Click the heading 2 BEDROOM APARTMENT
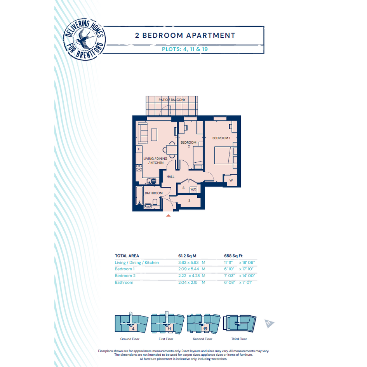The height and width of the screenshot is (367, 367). (x=185, y=35)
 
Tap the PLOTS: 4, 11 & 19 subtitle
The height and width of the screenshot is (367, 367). (x=185, y=49)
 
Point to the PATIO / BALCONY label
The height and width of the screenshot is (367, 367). (x=172, y=100)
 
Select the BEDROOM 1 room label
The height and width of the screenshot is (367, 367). (x=221, y=138)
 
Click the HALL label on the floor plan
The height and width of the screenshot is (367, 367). (x=170, y=176)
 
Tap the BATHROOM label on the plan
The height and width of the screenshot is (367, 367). (x=153, y=193)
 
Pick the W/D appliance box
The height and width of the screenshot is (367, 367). (x=193, y=190)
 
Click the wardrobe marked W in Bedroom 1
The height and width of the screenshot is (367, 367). (x=231, y=180)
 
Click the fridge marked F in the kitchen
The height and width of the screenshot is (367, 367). (x=139, y=150)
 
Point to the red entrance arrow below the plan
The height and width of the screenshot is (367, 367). (x=168, y=216)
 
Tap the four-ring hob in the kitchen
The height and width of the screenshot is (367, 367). (x=139, y=168)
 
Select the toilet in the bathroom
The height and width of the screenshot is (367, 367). (x=155, y=202)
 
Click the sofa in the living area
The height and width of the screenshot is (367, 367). (x=143, y=133)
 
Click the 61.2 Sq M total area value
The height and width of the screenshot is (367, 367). (x=187, y=256)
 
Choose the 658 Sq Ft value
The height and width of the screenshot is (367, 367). (x=233, y=256)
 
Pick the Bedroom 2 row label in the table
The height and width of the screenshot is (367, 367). (x=125, y=276)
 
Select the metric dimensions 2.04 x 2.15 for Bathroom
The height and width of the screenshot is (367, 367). (x=188, y=282)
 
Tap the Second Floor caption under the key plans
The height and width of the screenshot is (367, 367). (x=202, y=339)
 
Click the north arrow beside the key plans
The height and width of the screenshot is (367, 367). (x=269, y=324)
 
